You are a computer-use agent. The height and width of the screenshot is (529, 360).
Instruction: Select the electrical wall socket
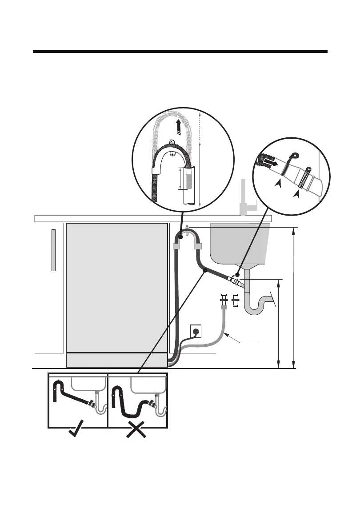[196, 331]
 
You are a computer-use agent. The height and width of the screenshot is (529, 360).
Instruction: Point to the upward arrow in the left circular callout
[178, 127]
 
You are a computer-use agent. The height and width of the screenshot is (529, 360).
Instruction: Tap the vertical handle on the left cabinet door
[53, 250]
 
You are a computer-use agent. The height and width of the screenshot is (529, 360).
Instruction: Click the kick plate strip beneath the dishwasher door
[116, 360]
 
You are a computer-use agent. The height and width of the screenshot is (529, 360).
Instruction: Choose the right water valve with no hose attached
[236, 301]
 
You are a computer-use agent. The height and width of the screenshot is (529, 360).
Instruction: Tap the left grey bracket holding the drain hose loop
[176, 246]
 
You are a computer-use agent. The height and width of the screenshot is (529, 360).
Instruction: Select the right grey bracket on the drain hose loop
[197, 246]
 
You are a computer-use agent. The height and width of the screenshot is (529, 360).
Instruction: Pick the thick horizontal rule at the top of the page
[180, 52]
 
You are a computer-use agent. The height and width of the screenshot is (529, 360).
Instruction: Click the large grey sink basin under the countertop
[239, 243]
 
